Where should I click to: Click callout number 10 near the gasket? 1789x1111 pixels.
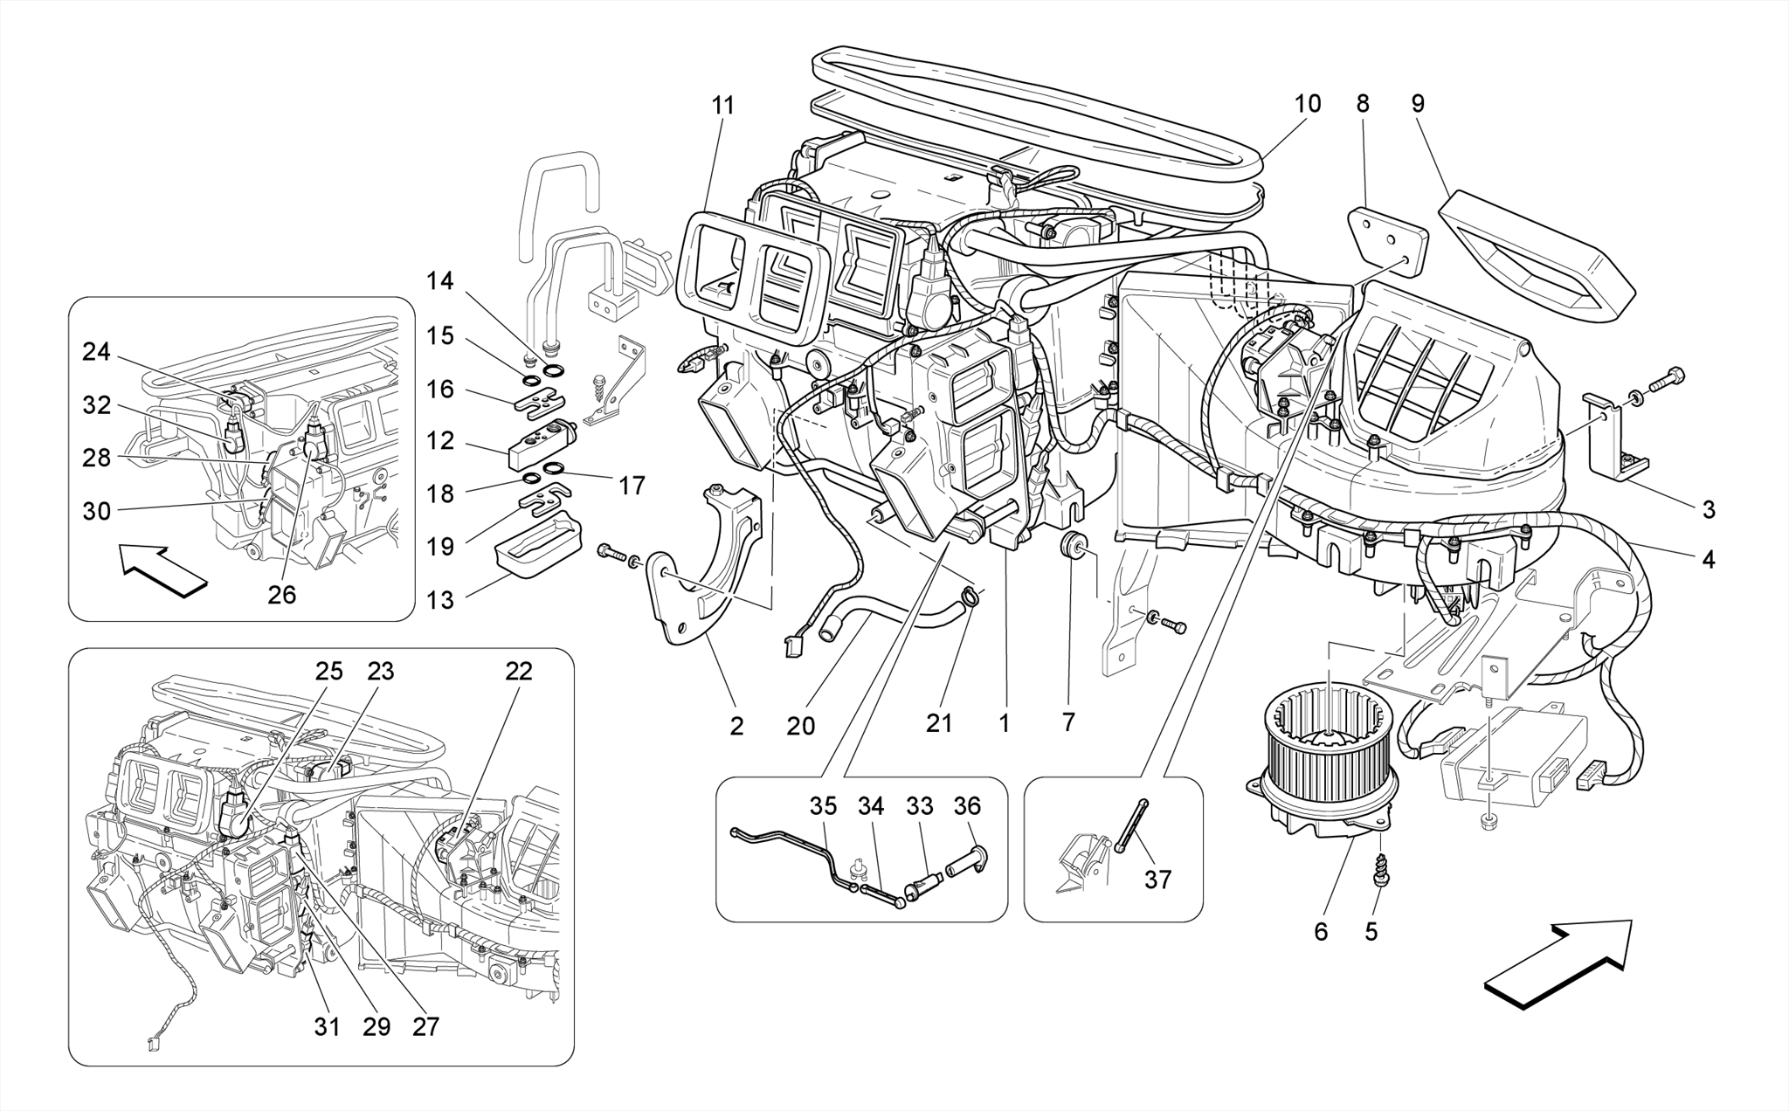point(1307,104)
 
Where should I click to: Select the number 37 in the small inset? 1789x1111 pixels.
point(1157,880)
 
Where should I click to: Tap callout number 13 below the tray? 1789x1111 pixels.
point(441,600)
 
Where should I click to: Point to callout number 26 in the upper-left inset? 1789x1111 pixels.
point(281,595)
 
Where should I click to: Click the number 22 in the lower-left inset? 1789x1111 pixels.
point(518,672)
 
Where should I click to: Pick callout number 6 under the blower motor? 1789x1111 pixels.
point(1320,932)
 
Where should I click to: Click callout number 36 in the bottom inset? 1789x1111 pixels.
point(966,806)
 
